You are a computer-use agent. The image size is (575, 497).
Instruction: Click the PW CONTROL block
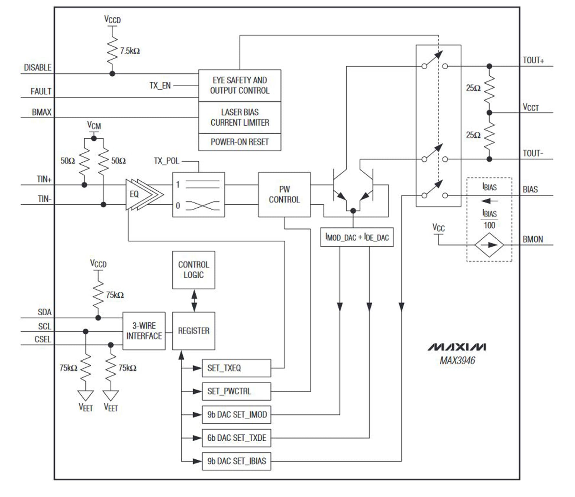point(284,194)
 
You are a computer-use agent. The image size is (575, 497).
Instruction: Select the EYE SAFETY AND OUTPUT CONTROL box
point(239,85)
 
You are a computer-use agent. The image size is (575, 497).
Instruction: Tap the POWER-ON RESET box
point(239,142)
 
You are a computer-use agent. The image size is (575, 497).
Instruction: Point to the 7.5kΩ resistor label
point(130,51)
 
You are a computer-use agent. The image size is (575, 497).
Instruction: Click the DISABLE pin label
point(37,68)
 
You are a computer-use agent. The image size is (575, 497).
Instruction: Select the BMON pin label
point(532,239)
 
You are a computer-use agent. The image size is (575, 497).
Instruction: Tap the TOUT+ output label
point(533,60)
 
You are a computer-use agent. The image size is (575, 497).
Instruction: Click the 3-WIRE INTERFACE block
point(144,331)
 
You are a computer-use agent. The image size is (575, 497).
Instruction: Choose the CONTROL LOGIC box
point(193,270)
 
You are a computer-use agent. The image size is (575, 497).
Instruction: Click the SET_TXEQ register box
point(236,368)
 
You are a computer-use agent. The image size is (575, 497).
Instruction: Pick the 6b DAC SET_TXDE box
point(236,438)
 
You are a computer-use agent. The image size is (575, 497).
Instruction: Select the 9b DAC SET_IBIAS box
point(236,461)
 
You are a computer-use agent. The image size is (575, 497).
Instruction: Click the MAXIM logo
point(457,347)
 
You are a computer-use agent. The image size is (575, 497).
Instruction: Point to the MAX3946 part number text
point(457,360)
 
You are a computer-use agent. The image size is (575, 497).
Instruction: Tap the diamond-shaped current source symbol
point(489,245)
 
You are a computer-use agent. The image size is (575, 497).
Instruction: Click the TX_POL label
point(166,161)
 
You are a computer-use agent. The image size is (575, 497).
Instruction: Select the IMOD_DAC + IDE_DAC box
point(357,237)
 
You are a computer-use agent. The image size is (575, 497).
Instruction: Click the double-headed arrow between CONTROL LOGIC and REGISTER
point(194,300)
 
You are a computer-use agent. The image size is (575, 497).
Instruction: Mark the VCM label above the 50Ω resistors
point(94,125)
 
